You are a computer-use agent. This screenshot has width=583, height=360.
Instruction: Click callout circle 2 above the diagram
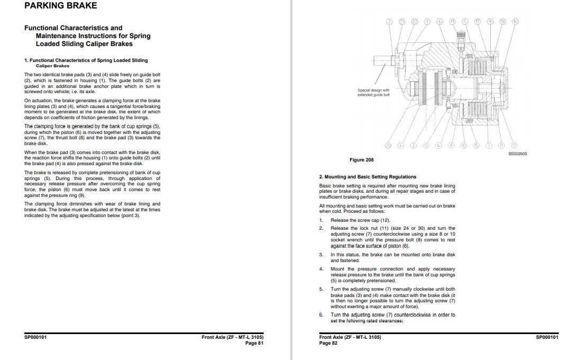[x=389, y=22]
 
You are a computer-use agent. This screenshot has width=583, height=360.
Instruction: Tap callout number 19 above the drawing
[x=452, y=22]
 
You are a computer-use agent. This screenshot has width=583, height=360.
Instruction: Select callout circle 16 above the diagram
[x=515, y=22]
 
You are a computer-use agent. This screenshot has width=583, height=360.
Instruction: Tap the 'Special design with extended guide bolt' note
[x=373, y=93]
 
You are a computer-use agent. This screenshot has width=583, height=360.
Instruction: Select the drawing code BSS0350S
[x=518, y=154]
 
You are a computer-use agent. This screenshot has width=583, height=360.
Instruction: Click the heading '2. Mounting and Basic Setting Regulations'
[x=367, y=177]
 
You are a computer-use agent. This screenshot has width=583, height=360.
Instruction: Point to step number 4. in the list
[x=321, y=269]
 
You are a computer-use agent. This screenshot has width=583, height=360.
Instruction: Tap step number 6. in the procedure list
[x=321, y=315]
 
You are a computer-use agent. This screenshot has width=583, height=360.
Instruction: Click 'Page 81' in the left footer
[x=254, y=343]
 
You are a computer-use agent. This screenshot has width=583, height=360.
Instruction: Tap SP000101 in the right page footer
[x=546, y=337]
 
